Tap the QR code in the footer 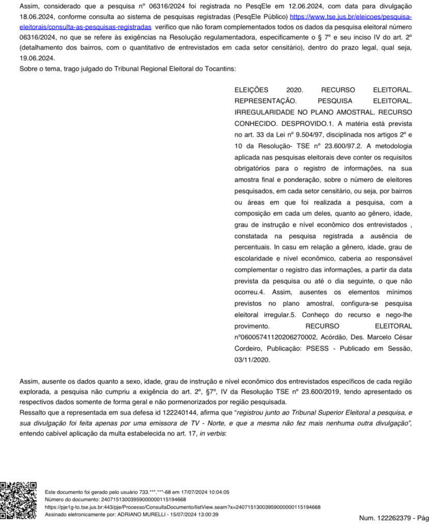tap(19, 500)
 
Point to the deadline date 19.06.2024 tap(37, 58)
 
